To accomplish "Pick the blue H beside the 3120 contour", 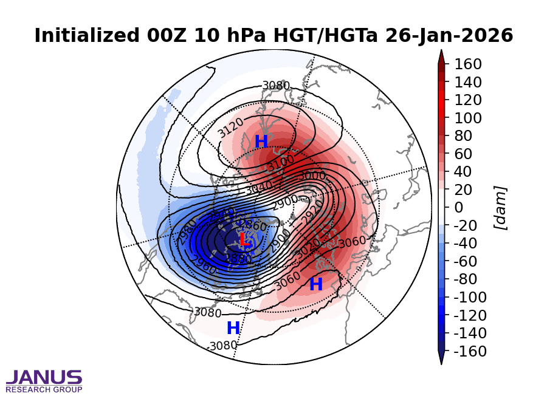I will pyautogui.click(x=261, y=142).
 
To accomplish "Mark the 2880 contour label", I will pyautogui.click(x=238, y=259).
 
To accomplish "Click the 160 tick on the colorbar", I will pyautogui.click(x=468, y=64).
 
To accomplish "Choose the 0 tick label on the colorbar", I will pyautogui.click(x=459, y=208).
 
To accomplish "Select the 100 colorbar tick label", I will pyautogui.click(x=468, y=118).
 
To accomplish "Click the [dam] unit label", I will pyautogui.click(x=501, y=208).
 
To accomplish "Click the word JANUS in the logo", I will pyautogui.click(x=44, y=378).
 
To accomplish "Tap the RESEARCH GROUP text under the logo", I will pyautogui.click(x=44, y=389).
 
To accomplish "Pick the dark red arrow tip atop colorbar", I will pyautogui.click(x=441, y=56).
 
